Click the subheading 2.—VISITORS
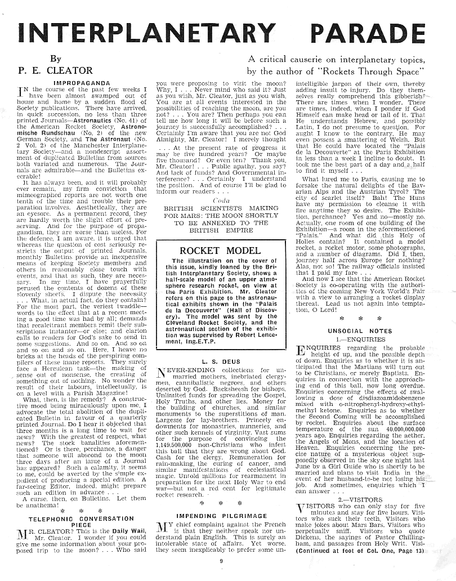click(368, 499)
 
